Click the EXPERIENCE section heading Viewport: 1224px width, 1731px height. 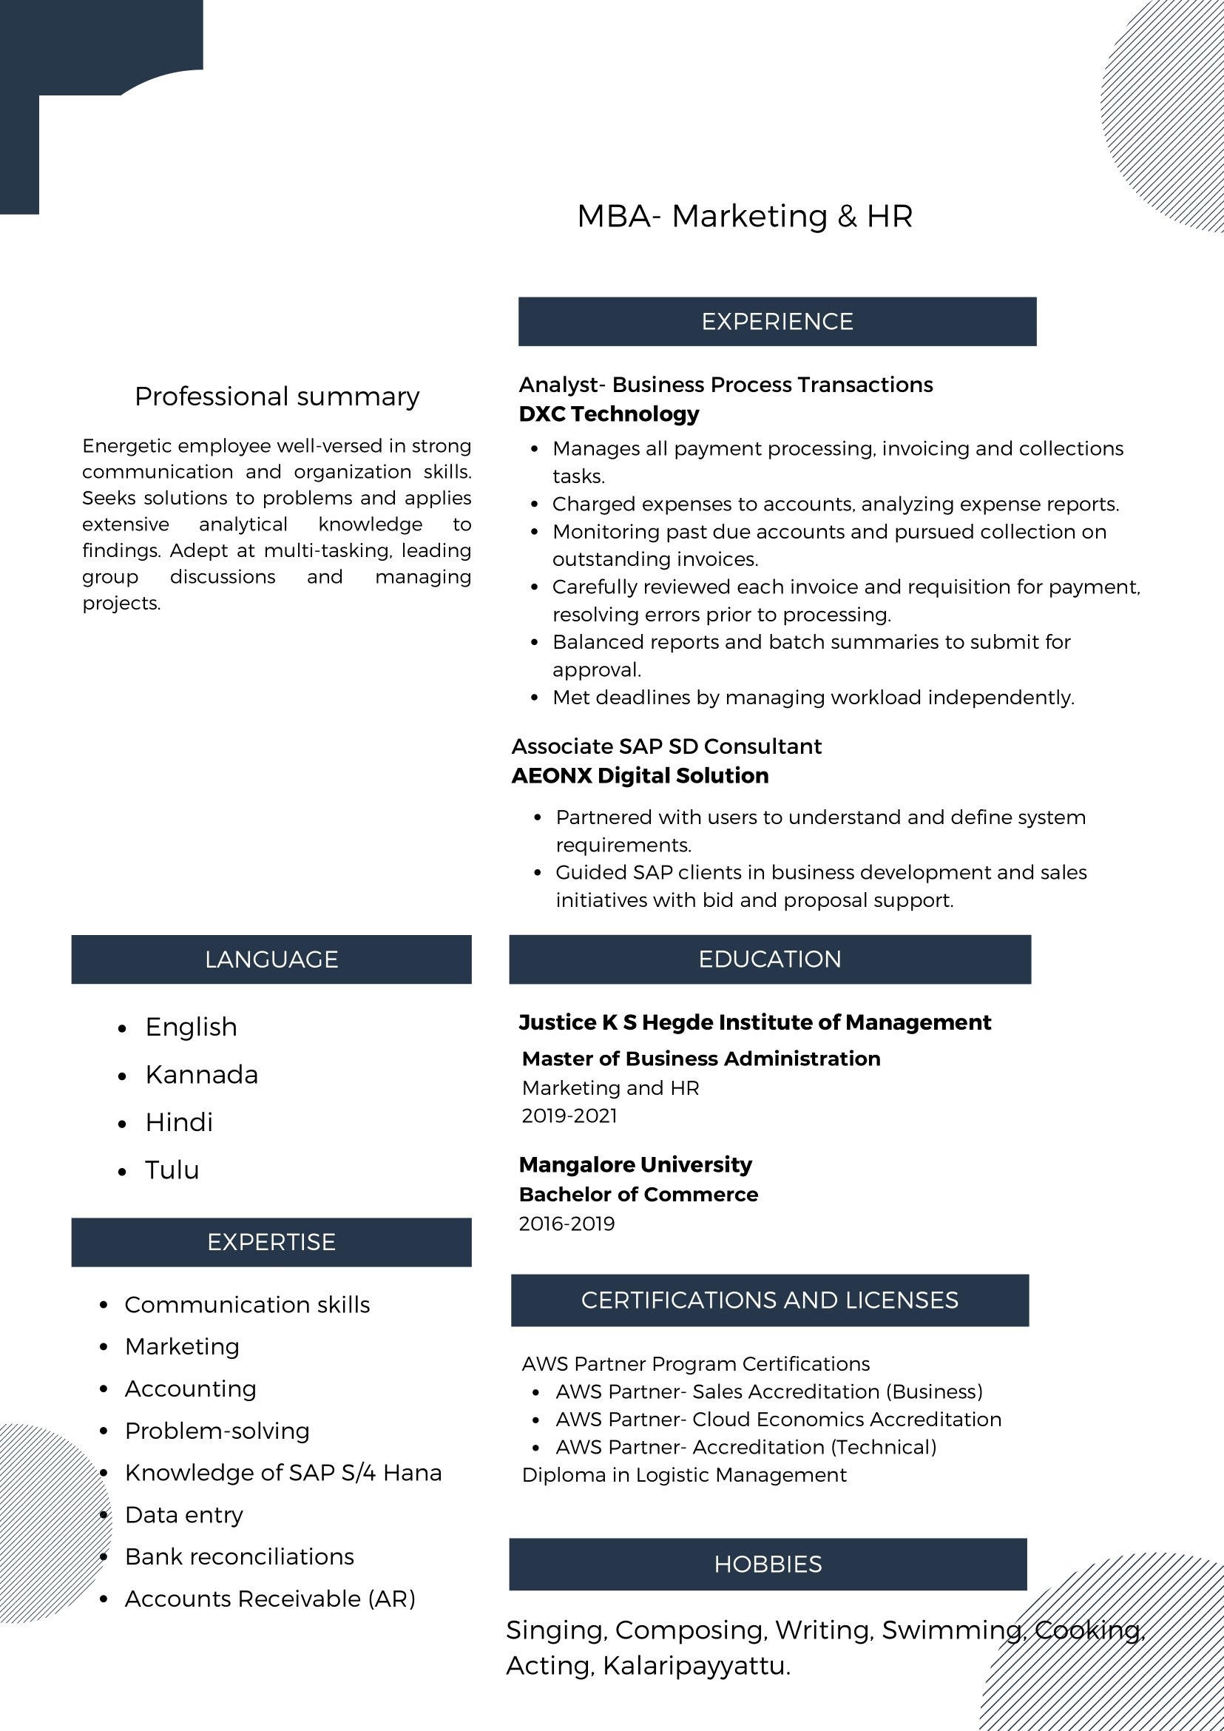777,322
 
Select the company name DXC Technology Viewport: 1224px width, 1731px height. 609,414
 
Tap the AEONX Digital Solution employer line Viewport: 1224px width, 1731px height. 640,776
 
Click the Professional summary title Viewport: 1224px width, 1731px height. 277,397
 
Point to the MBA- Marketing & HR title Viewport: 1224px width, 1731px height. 745,216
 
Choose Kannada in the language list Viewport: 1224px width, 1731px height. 201,1074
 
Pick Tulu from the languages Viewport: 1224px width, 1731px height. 172,1170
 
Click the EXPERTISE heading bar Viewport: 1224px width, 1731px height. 271,1242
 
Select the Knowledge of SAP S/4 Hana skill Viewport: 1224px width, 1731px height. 283,1472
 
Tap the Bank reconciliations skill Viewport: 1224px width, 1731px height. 239,1556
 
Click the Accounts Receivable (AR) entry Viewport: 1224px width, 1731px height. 270,1599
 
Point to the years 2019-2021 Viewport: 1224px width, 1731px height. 569,1116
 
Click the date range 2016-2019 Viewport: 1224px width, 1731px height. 567,1224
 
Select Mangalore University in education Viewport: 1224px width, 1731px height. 635,1165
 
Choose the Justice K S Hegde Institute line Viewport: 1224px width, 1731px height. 754,1022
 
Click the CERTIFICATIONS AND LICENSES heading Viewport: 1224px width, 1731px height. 769,1300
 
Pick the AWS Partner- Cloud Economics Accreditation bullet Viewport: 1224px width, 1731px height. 779,1419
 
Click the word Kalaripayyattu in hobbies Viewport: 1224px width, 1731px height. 697,1665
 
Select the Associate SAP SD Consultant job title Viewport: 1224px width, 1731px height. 666,746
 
